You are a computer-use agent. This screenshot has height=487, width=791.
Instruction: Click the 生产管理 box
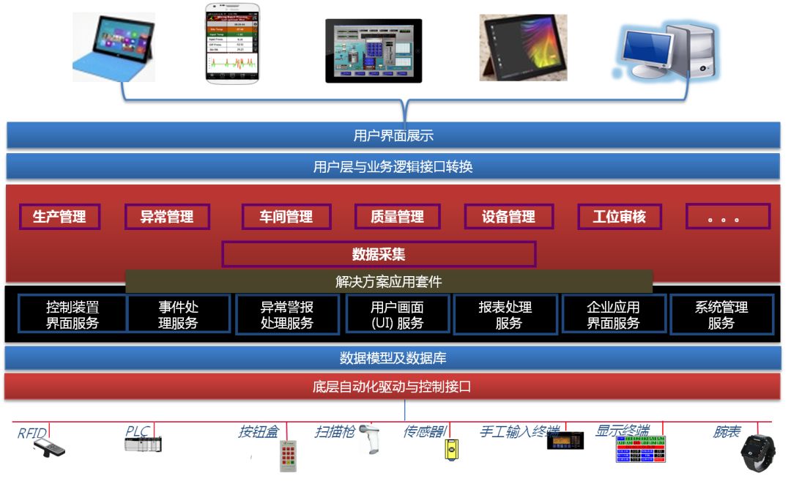pos(59,217)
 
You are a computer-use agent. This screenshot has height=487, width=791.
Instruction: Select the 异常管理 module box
pos(167,217)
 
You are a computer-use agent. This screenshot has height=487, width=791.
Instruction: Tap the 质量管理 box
pos(397,217)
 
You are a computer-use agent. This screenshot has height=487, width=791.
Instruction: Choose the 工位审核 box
pos(620,217)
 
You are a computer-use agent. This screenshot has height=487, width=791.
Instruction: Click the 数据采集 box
pos(379,254)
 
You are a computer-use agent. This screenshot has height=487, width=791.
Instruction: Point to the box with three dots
pos(727,217)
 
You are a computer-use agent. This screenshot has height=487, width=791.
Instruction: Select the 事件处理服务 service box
pos(179,315)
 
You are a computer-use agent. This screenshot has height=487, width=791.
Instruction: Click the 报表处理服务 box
pos(505,315)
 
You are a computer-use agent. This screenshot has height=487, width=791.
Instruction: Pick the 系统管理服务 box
pos(721,315)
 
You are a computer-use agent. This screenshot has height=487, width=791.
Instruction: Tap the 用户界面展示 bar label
pos(393,135)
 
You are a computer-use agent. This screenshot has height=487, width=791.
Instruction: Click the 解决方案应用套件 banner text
pos(388,281)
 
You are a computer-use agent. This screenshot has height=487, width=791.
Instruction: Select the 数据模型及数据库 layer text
pos(393,358)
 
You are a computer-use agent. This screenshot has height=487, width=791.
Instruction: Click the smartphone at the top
pos(231,43)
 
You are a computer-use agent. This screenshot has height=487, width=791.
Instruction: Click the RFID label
pos(32,433)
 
